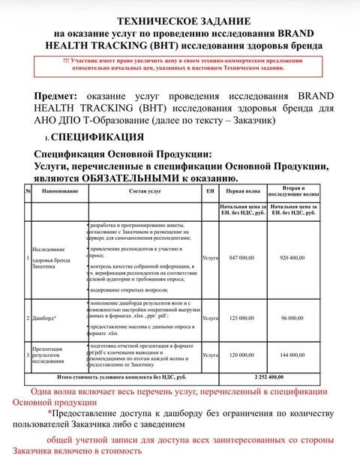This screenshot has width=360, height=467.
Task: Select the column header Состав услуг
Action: (145, 192)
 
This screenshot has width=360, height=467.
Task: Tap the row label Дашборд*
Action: (45, 318)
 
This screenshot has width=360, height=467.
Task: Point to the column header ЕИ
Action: (210, 192)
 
